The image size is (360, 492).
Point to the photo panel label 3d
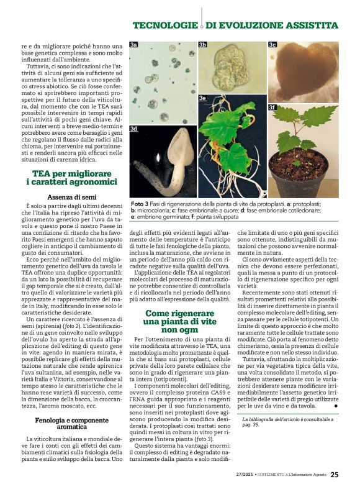pyautogui.click(x=134, y=129)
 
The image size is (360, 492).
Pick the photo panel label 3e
pyautogui.click(x=202, y=98)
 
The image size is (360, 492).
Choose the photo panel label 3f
pyautogui.click(x=272, y=107)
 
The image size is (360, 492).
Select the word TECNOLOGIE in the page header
pyautogui.click(x=164, y=25)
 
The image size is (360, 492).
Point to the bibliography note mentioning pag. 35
pyautogui.click(x=288, y=423)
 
